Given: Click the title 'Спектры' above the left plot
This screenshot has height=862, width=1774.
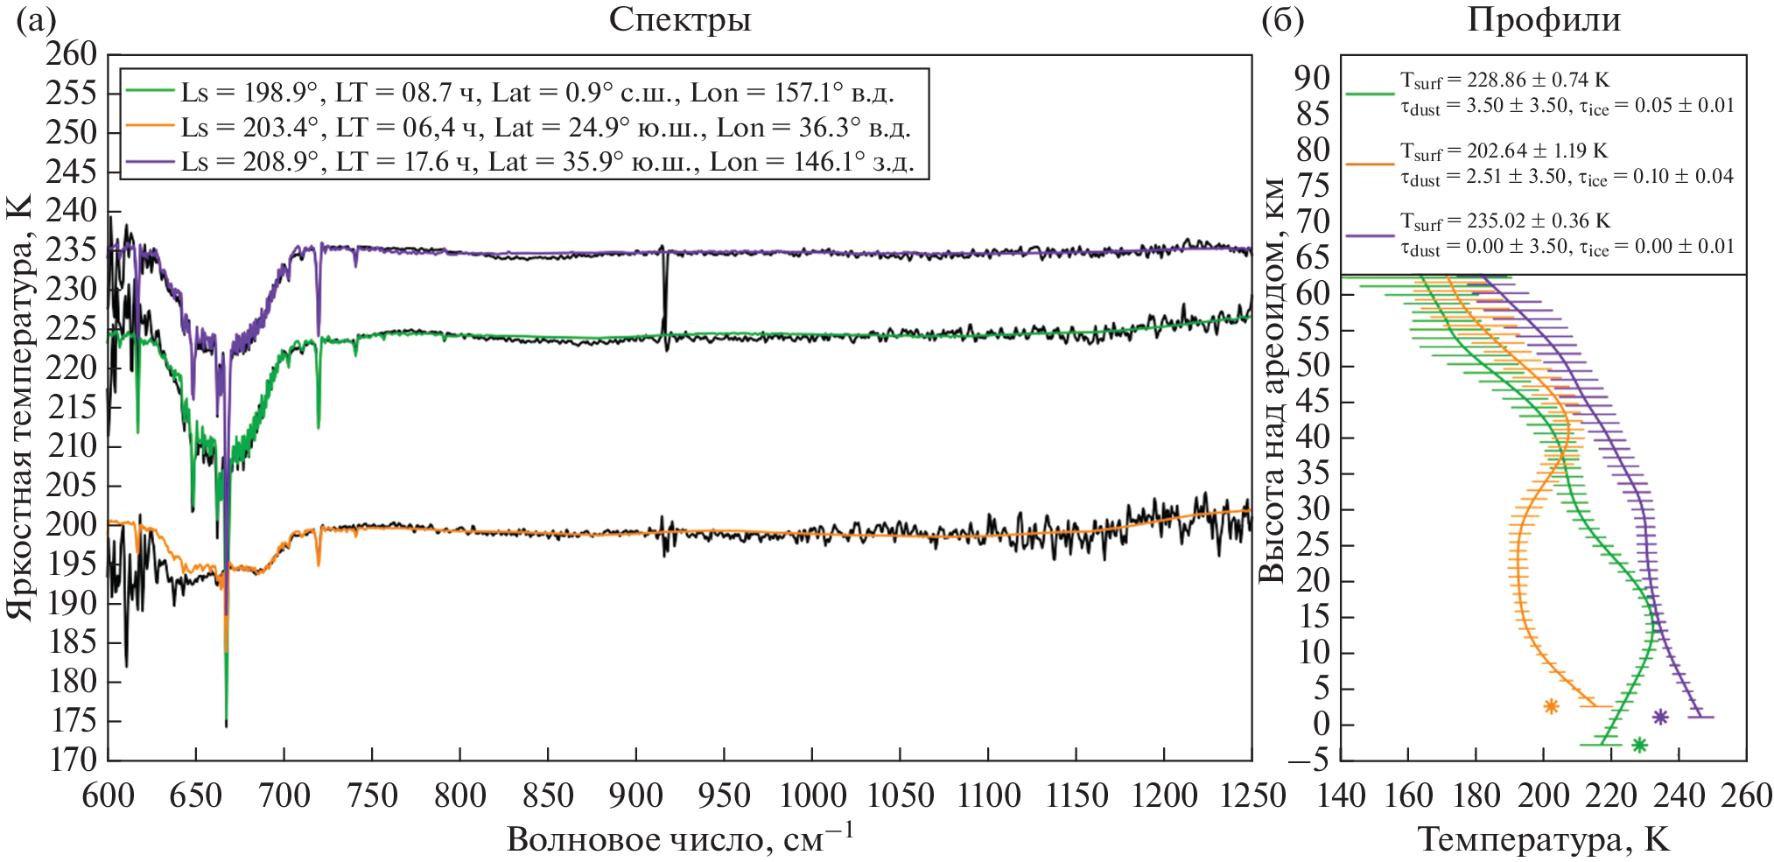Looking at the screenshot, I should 679,19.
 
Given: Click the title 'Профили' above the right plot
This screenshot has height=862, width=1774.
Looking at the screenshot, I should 1543,19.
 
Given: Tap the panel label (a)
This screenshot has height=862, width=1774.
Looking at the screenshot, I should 36,19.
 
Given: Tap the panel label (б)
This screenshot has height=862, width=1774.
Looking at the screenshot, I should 1282,19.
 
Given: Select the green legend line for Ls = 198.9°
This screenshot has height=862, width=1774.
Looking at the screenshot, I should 151,91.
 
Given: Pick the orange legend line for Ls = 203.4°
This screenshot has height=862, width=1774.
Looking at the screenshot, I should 151,127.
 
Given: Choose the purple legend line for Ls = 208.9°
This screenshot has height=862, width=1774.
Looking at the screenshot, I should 151,162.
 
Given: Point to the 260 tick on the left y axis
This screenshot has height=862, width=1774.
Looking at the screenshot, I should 72,54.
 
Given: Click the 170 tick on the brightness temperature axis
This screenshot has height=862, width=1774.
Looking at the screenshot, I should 72,760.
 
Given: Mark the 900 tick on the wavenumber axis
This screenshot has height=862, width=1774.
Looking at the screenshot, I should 636,795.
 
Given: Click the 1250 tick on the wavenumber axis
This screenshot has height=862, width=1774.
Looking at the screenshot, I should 1251,795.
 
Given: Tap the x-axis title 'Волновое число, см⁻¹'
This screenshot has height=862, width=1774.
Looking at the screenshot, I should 679,837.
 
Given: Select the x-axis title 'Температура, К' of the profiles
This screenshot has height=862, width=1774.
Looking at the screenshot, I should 1543,838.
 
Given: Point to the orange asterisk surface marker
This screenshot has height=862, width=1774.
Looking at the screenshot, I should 1551,706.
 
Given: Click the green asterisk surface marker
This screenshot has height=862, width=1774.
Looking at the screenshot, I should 1639,745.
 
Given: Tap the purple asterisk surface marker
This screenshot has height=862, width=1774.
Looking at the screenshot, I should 1660,717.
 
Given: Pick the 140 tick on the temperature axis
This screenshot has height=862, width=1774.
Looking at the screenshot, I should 1341,795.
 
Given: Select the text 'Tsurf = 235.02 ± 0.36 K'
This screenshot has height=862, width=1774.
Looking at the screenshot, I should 1504,221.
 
